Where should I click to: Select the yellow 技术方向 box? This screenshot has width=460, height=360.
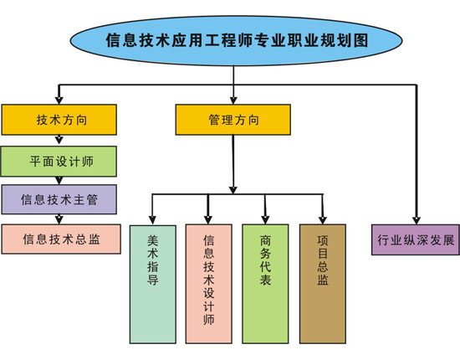tap(59, 120)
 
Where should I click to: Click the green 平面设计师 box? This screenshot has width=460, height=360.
tap(59, 159)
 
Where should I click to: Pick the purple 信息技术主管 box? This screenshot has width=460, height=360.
tap(59, 199)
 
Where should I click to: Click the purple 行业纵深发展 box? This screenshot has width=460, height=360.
tap(415, 239)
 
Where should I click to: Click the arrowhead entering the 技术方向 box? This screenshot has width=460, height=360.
tap(58, 99)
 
